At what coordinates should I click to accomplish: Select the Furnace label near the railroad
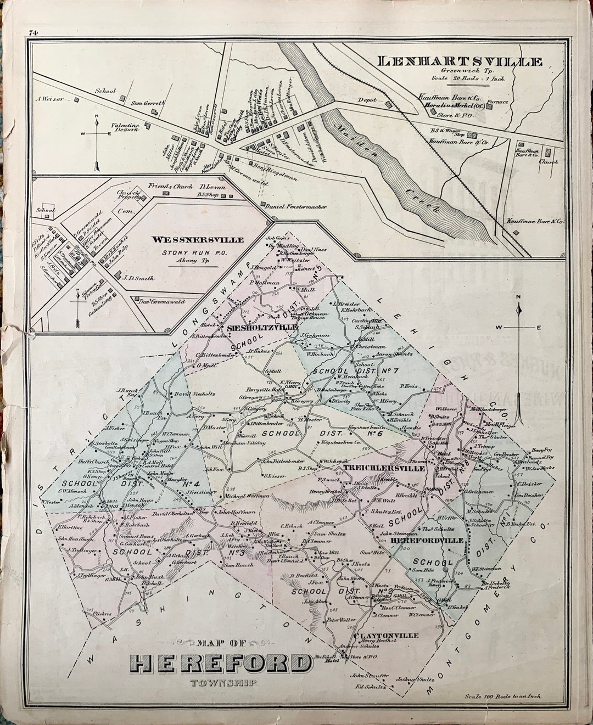click(501, 102)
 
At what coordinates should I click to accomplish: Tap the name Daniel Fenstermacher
click(295, 207)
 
